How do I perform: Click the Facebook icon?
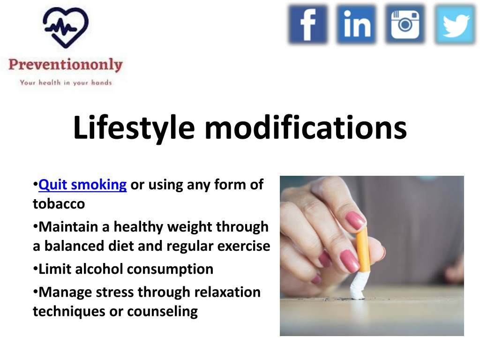pos(308,24)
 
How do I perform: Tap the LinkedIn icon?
pos(356,24)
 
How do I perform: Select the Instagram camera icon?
pos(405,24)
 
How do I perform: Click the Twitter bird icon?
pos(455,24)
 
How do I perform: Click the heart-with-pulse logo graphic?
pos(66,28)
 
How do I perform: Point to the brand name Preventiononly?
pos(66,65)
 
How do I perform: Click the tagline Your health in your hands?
pos(66,82)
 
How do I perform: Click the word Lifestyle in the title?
pos(134,128)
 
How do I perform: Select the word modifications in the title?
pos(306,127)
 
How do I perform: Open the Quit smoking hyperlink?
pos(82,185)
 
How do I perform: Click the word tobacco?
pos(59,204)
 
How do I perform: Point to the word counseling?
pos(162,312)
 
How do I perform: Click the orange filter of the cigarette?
pos(363,249)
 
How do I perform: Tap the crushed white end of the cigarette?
pos(358,285)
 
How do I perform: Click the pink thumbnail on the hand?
pos(355,220)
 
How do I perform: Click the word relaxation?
pos(227,292)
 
